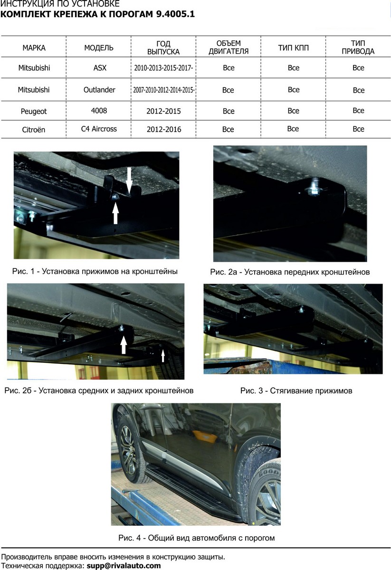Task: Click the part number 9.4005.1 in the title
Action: tap(175, 14)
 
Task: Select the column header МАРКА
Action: tap(34, 48)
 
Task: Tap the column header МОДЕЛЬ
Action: tap(99, 48)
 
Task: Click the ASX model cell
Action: tap(100, 67)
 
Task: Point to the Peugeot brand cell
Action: tap(34, 111)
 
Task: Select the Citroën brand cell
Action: tap(33, 129)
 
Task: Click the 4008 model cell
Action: tap(98, 110)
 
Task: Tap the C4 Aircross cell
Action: tap(99, 129)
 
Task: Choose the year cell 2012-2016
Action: tap(164, 129)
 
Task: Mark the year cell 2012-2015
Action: tap(164, 111)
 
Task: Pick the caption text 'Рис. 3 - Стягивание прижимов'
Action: tap(296, 391)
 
